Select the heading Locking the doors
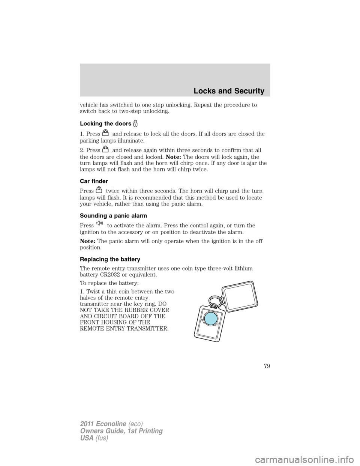pyautogui.click(x=105, y=123)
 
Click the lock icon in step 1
pyautogui.click(x=106, y=133)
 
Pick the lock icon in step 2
pyautogui.click(x=106, y=149)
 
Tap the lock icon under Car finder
pyautogui.click(x=99, y=190)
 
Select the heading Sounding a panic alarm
pyautogui.click(x=113, y=215)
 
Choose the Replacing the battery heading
pyautogui.click(x=110, y=259)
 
